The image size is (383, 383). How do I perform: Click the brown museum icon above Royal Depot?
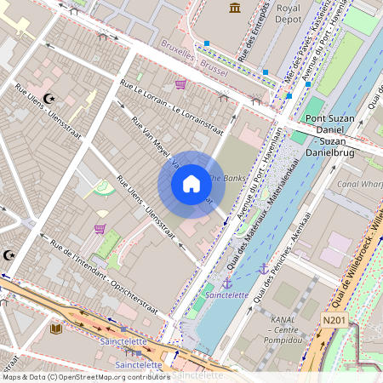pyautogui.click(x=235, y=8)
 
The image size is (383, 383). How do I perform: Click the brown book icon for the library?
pyautogui.click(x=57, y=329)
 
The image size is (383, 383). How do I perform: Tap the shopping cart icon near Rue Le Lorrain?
pyautogui.click(x=180, y=84)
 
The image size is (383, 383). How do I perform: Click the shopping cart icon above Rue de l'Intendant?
pyautogui.click(x=100, y=228)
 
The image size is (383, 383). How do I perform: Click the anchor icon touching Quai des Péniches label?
pyautogui.click(x=263, y=269)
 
